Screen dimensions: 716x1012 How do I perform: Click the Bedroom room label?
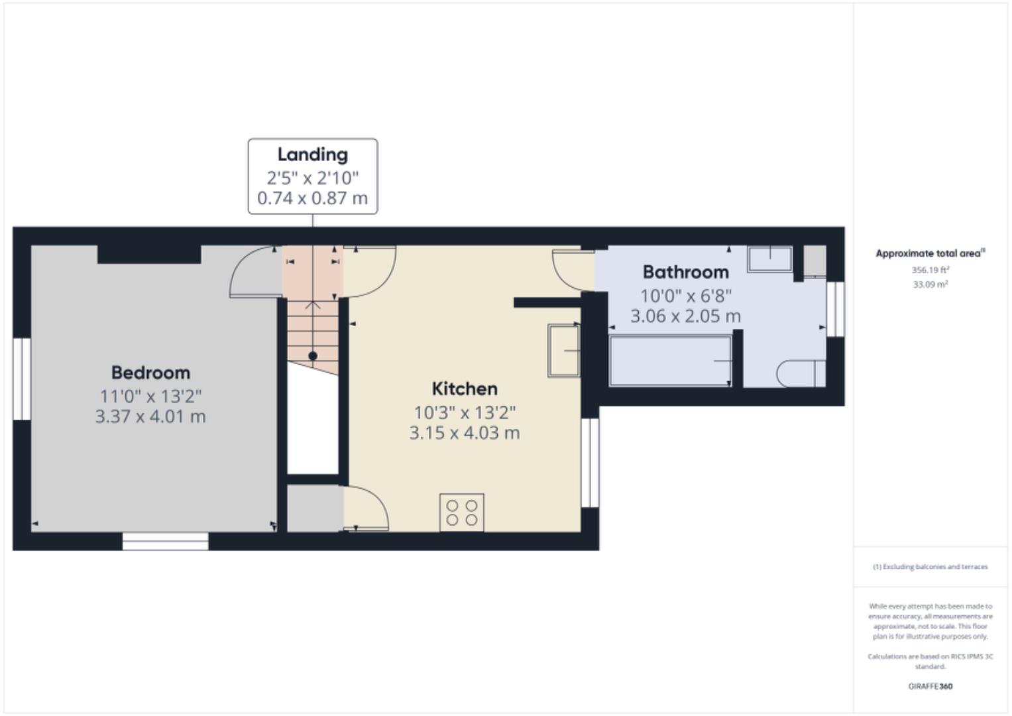(150, 373)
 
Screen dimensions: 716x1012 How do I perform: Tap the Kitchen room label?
(464, 388)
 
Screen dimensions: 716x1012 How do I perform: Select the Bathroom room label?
(685, 272)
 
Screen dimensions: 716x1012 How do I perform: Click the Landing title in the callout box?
(312, 154)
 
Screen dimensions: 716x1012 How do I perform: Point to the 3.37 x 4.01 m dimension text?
(150, 416)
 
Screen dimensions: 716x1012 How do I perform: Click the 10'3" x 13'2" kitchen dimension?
(464, 412)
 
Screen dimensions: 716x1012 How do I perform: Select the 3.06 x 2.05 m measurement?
(685, 316)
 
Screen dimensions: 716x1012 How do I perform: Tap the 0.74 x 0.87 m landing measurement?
(312, 198)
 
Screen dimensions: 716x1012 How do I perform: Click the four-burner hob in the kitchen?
(462, 512)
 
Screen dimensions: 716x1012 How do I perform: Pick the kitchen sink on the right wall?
(563, 350)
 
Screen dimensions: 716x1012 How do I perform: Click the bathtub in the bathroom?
(670, 361)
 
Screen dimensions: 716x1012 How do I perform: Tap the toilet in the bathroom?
(801, 374)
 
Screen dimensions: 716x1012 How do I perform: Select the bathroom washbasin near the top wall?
(769, 259)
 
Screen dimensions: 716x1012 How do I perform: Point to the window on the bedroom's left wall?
(22, 379)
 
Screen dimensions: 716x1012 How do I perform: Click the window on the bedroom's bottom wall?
(165, 541)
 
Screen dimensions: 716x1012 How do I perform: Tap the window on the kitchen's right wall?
(590, 462)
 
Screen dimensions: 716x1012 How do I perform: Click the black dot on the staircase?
(313, 356)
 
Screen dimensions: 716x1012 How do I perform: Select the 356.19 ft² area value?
(930, 270)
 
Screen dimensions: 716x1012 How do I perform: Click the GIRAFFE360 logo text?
(930, 686)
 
